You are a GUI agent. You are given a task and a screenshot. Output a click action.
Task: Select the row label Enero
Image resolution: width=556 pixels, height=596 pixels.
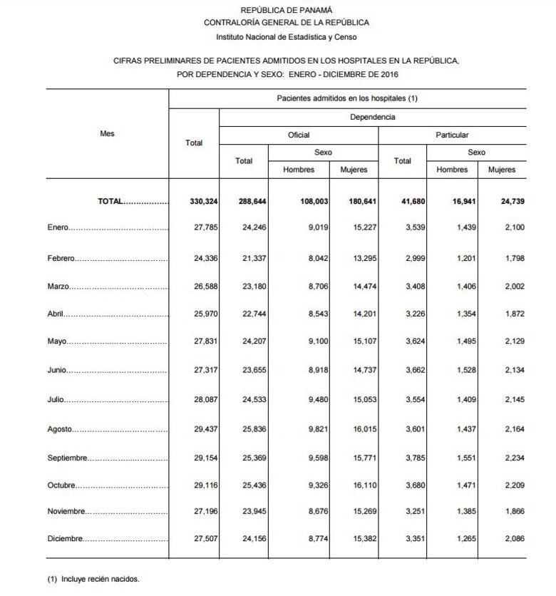[x=58, y=227]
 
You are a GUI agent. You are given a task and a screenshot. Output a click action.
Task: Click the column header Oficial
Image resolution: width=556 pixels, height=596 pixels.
[x=298, y=135]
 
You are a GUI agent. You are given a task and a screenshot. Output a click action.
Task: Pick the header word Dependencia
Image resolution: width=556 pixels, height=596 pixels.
[x=372, y=116]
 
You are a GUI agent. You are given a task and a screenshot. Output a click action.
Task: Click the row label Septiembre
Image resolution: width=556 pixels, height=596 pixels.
[x=68, y=458]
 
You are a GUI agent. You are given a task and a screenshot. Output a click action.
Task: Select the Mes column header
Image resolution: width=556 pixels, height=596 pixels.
[x=107, y=133]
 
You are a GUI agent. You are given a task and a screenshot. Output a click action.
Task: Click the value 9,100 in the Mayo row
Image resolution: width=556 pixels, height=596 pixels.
[x=314, y=341]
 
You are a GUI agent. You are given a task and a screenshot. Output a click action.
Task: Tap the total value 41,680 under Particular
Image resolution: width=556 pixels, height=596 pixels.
[x=411, y=202]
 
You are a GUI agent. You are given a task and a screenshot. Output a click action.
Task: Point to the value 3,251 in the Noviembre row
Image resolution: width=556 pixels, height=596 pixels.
[x=412, y=512]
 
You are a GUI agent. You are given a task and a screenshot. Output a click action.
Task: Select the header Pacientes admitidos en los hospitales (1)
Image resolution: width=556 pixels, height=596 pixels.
[x=347, y=98]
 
